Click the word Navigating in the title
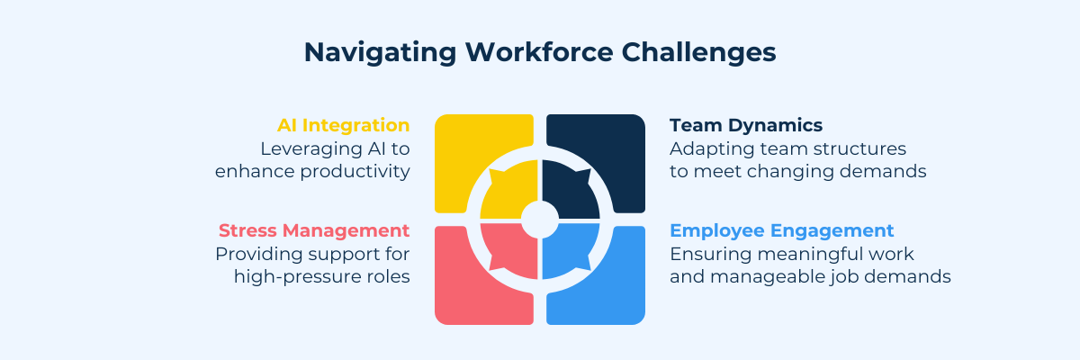(380, 53)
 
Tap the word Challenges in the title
(698, 53)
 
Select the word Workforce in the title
(539, 52)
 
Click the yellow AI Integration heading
(343, 125)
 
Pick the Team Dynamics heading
(746, 125)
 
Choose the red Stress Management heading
(314, 230)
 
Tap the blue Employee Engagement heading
(781, 230)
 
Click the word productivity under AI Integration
(355, 172)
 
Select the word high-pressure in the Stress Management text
(292, 277)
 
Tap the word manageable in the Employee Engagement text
(767, 277)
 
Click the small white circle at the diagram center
(540, 220)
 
